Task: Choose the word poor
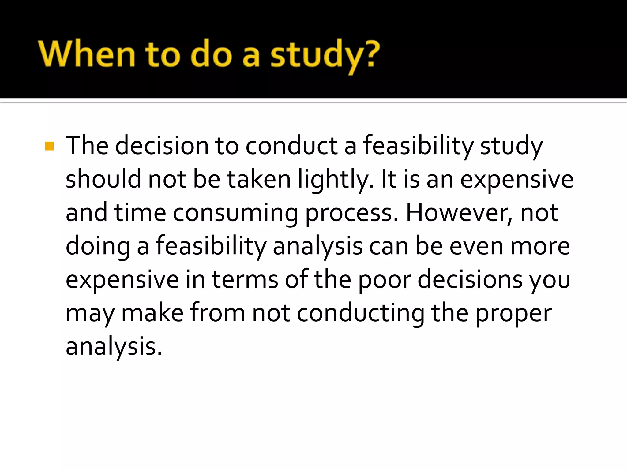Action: [385, 280]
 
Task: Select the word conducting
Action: [361, 313]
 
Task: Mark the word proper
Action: [513, 314]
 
